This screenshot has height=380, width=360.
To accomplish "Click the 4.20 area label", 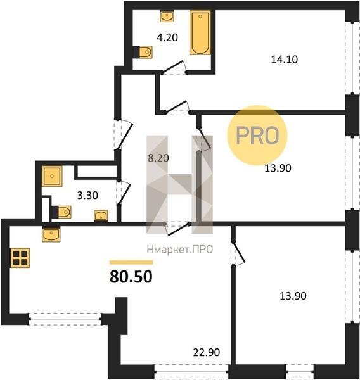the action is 167,37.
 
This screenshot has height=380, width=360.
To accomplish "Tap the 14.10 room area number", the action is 285,60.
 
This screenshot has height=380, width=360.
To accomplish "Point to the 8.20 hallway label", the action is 158,158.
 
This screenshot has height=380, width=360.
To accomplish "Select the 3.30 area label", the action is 87,195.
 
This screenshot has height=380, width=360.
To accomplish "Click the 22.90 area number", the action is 207,352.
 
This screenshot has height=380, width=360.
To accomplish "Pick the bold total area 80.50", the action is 131,277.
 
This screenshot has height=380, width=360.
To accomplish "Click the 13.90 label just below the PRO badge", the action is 278,168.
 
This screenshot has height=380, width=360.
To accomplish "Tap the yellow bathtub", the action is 200,32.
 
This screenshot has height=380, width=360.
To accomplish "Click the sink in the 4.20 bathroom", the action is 167,16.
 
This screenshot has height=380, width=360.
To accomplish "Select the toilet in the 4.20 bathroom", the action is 143,52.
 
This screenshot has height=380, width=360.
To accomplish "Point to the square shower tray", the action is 52,176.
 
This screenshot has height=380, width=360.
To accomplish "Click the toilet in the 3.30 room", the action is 61,212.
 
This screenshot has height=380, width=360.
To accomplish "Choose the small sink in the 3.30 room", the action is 101,215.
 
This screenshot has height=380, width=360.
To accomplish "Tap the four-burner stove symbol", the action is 20,258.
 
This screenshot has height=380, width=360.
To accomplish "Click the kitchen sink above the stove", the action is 51,234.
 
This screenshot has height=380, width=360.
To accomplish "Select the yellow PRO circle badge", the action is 257,136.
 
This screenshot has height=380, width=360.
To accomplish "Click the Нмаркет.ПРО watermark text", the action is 180,250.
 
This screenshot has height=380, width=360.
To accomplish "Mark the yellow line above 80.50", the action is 131,262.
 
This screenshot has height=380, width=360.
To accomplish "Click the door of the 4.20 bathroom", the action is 174,67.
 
